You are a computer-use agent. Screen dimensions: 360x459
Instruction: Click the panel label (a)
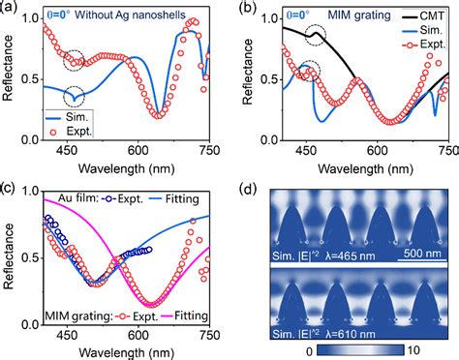click(11, 9)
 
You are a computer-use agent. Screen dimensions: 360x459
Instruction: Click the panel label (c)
click(11, 187)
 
